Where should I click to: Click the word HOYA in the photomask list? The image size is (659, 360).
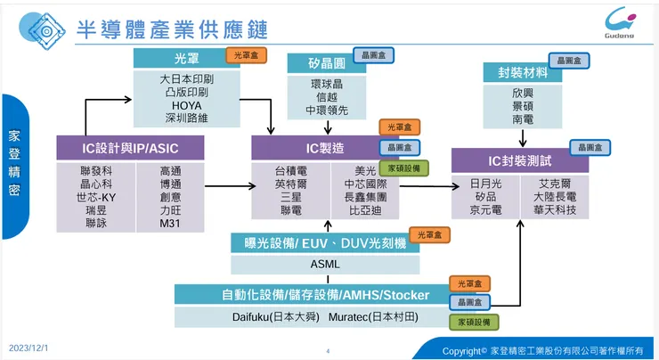(x=185, y=104)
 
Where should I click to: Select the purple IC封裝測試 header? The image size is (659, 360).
(x=520, y=160)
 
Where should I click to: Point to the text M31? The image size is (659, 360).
(x=171, y=225)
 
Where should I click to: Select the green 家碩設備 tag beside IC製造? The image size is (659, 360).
(x=403, y=167)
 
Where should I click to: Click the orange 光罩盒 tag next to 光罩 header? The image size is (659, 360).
(x=245, y=55)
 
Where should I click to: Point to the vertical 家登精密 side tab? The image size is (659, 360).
(x=14, y=166)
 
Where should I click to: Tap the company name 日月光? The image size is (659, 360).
(x=485, y=183)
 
